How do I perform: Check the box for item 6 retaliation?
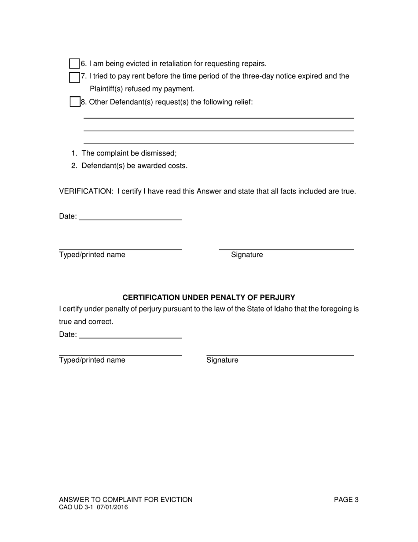(x=74, y=63)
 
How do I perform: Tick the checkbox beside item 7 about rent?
(x=74, y=77)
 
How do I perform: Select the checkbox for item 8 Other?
(x=75, y=102)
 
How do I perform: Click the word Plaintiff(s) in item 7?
(x=107, y=89)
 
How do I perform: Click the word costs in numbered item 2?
(x=178, y=166)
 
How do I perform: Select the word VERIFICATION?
(x=86, y=191)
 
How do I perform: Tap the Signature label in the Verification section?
(x=247, y=255)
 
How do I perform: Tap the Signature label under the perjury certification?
(x=222, y=360)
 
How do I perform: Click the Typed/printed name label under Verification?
(x=92, y=255)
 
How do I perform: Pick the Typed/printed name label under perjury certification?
(x=92, y=360)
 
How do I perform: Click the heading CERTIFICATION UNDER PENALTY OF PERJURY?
(x=209, y=297)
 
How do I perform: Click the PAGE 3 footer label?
(x=346, y=500)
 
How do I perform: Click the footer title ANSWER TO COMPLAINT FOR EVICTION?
(x=126, y=500)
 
